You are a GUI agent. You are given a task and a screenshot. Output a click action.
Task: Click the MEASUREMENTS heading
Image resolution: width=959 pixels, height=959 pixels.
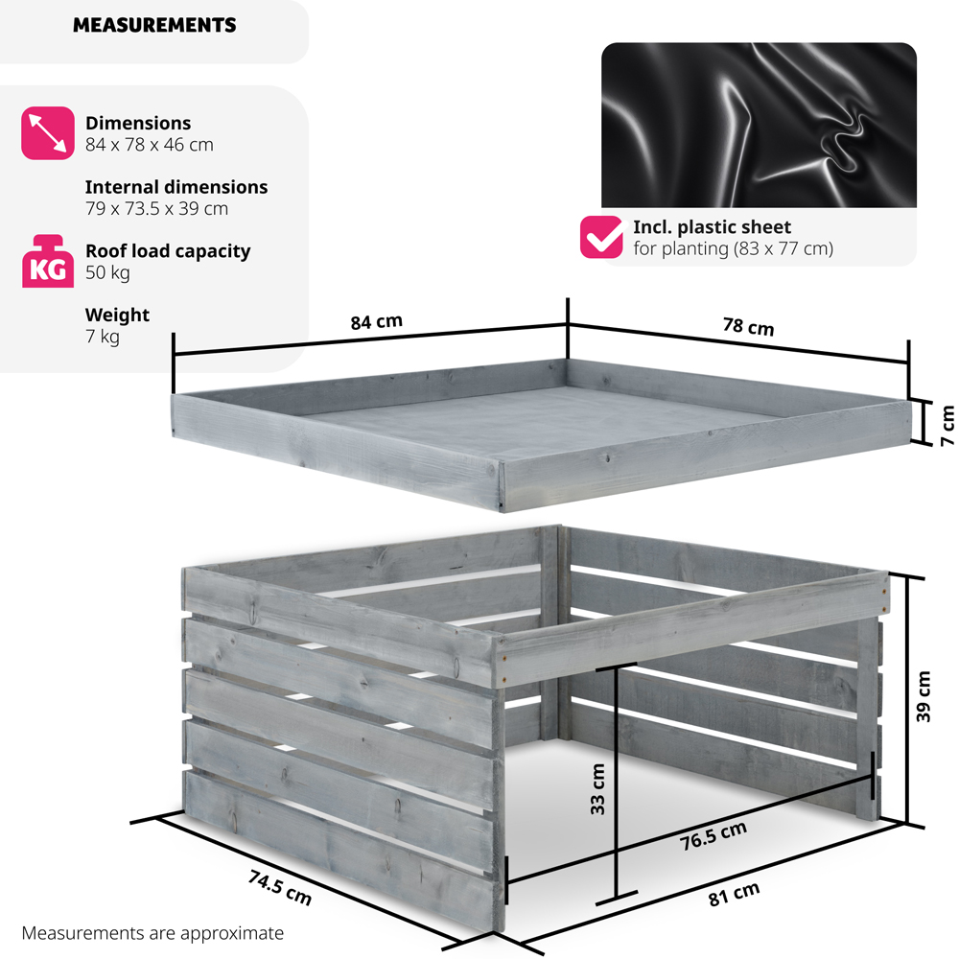pyautogui.click(x=154, y=26)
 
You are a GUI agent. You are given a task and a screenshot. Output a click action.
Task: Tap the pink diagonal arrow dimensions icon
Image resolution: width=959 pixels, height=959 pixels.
pyautogui.click(x=47, y=132)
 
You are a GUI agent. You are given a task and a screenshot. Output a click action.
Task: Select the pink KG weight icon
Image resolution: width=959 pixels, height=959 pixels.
pyautogui.click(x=47, y=261)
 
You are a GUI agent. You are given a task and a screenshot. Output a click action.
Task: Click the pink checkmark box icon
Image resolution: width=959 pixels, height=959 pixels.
pyautogui.click(x=601, y=238)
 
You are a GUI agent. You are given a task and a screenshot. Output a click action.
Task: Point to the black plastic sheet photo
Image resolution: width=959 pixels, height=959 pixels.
pyautogui.click(x=759, y=125)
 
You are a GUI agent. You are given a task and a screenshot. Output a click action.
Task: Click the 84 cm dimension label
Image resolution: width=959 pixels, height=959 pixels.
pyautogui.click(x=376, y=322)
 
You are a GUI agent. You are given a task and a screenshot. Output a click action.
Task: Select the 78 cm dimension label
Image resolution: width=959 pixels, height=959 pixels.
pyautogui.click(x=747, y=326)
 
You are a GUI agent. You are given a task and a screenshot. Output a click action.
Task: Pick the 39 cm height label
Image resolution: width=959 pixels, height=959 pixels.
pyautogui.click(x=924, y=697)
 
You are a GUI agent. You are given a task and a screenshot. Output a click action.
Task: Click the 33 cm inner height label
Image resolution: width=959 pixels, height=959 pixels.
pyautogui.click(x=597, y=788)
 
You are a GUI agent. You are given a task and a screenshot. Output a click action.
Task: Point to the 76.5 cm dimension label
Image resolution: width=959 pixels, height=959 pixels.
pyautogui.click(x=713, y=836)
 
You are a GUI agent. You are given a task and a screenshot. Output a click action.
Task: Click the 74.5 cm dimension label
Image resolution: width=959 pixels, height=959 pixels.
pyautogui.click(x=279, y=887)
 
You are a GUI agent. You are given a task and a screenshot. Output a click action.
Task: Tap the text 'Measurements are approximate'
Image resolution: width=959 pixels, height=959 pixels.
pyautogui.click(x=152, y=932)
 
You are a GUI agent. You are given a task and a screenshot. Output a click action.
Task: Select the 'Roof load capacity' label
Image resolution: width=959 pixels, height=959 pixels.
pyautogui.click(x=168, y=251)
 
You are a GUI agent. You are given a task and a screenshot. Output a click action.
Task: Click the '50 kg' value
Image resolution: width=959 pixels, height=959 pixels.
pyautogui.click(x=107, y=272)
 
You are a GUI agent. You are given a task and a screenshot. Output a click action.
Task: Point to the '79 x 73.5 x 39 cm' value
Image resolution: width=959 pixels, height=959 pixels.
pyautogui.click(x=156, y=208)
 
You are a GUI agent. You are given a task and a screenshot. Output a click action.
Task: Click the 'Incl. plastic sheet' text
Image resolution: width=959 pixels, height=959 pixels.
pyautogui.click(x=712, y=227)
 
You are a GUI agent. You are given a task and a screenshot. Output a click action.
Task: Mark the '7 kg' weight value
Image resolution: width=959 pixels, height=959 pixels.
pyautogui.click(x=103, y=337)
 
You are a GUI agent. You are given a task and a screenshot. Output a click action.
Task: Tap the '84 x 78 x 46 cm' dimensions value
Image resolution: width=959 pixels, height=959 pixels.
pyautogui.click(x=149, y=145)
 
